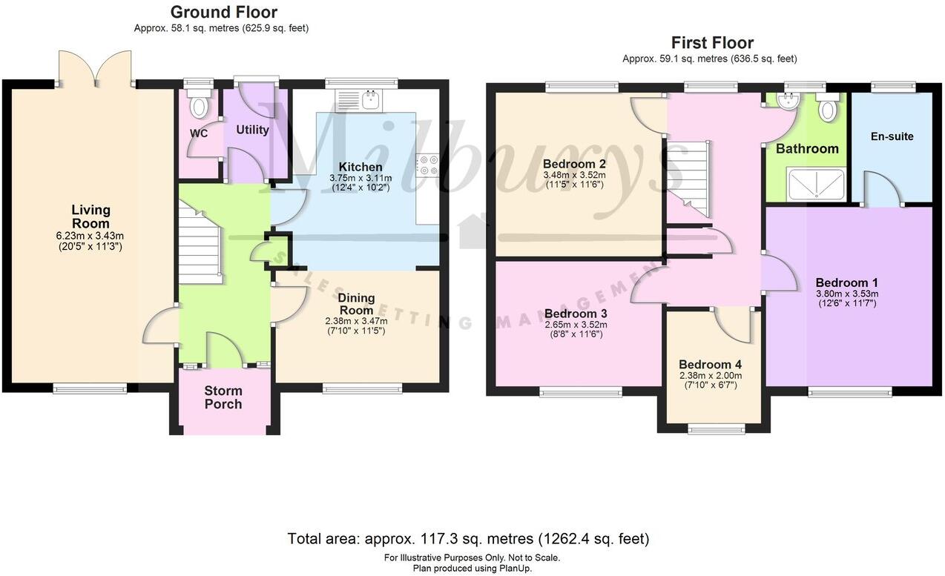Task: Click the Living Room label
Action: click(90, 216)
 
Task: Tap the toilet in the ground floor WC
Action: click(198, 106)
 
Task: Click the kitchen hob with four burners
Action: click(428, 165)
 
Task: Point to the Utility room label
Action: click(252, 130)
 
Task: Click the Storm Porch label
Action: click(223, 397)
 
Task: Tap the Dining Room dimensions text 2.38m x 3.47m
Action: click(355, 321)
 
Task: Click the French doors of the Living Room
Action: click(96, 68)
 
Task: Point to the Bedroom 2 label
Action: click(575, 164)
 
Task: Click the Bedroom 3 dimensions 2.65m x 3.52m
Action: click(575, 324)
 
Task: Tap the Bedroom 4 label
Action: click(710, 365)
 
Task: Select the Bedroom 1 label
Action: click(846, 282)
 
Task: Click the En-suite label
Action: click(891, 136)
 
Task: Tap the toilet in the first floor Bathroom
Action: click(827, 107)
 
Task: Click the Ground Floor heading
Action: click(223, 13)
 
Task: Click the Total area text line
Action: click(468, 539)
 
